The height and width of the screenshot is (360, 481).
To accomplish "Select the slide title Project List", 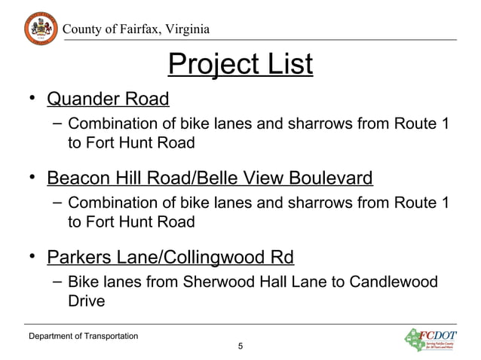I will [240, 66].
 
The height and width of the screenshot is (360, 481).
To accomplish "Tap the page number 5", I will [240, 346].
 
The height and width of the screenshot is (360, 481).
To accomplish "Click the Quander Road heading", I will [108, 99].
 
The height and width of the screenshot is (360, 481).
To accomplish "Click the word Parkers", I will [80, 258].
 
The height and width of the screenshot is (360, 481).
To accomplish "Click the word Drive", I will [86, 301].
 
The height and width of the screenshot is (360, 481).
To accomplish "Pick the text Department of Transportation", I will [83, 334].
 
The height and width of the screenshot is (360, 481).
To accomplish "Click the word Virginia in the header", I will [179, 29].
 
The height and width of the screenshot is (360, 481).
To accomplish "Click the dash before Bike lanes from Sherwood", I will [57, 282].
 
